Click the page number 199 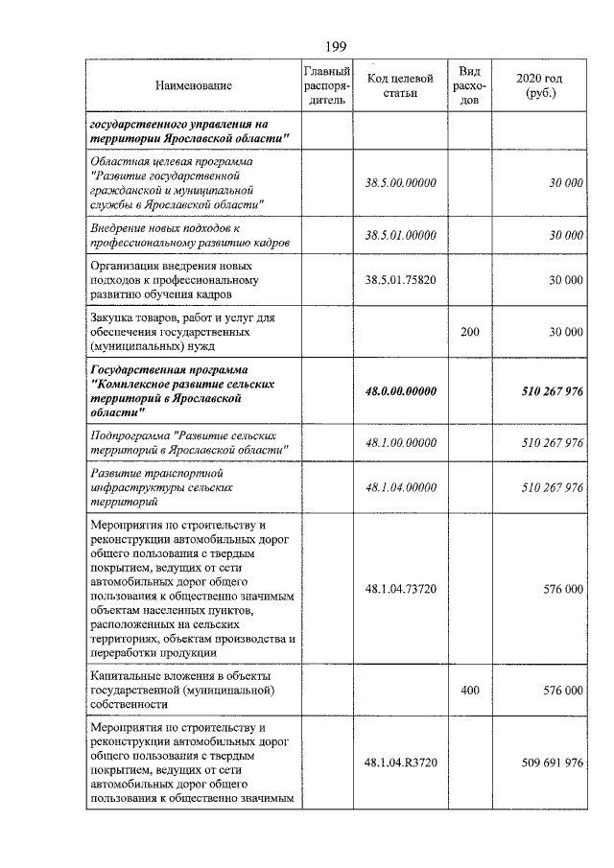point(307,46)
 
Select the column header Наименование point(194,86)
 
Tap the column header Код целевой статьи point(401,85)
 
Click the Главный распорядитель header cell point(327,85)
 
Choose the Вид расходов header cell point(469,85)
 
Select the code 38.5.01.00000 point(401,235)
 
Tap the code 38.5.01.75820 point(401,280)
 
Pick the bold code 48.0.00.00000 point(401,390)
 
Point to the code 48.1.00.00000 point(401,442)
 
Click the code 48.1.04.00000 point(401,487)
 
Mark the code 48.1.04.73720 point(401,589)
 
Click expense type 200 point(469,332)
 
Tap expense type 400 point(469,690)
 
